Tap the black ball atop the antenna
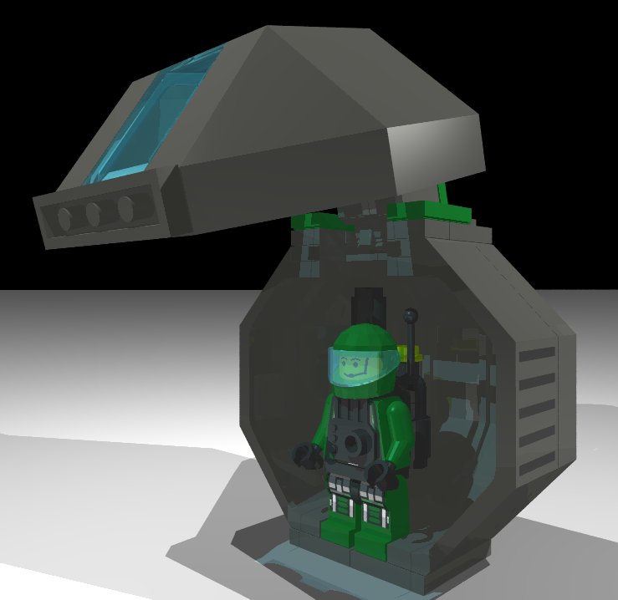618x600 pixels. tap(410, 316)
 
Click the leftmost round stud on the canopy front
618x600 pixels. tap(64, 218)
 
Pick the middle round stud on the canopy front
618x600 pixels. tap(95, 213)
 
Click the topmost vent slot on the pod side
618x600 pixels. tap(536, 355)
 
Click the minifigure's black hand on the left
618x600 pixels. tap(305, 455)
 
